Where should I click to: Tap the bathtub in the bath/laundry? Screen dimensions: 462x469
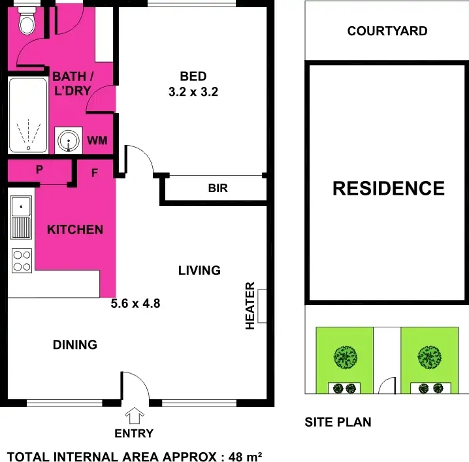click(27, 116)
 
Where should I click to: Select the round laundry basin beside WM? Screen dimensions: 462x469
click(66, 140)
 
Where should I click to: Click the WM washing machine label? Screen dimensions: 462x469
click(97, 140)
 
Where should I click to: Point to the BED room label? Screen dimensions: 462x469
click(192, 77)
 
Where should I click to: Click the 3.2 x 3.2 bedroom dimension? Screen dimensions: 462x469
click(192, 92)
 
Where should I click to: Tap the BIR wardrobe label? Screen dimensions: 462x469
click(218, 189)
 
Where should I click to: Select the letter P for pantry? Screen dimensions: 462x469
click(39, 170)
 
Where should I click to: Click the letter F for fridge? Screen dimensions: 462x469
click(95, 173)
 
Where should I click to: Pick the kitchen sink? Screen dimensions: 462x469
click(22, 217)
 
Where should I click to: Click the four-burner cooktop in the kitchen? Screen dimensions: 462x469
click(22, 261)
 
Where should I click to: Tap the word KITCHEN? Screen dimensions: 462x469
click(75, 229)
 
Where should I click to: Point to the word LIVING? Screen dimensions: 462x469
click(199, 270)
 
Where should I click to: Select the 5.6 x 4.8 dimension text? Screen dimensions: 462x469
click(136, 303)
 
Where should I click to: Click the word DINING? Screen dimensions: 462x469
click(75, 344)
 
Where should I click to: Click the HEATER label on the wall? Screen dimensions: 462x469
click(250, 306)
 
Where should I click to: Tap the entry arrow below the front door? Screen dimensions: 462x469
click(135, 416)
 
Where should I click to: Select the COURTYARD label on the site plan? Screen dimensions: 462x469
click(387, 31)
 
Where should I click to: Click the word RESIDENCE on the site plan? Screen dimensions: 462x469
click(389, 188)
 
